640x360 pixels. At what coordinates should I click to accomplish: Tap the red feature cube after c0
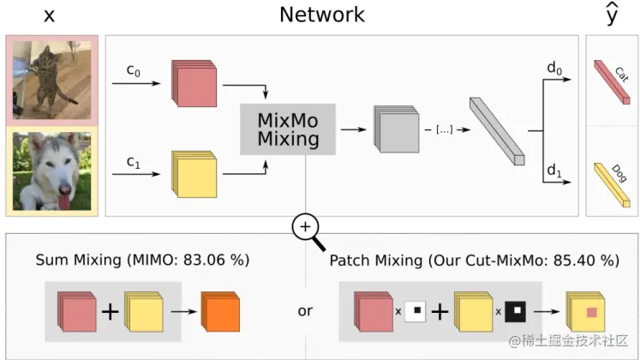click(194, 84)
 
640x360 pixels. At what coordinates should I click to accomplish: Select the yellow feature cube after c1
click(194, 173)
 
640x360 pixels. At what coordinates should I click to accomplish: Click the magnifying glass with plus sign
click(306, 227)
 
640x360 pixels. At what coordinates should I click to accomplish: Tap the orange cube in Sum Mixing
click(221, 311)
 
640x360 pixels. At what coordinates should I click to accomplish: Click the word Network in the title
click(321, 15)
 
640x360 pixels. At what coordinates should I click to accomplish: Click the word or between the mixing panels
click(305, 311)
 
